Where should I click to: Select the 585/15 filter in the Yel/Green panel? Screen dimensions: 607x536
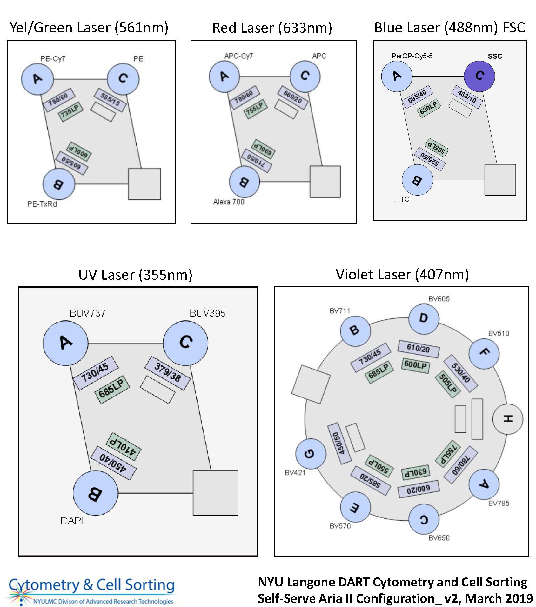click(110, 100)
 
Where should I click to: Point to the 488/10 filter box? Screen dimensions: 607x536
click(467, 97)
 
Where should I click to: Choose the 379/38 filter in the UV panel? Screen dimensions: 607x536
click(167, 373)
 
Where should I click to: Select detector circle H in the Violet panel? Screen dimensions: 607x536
click(507, 419)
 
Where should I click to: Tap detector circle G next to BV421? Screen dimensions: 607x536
click(310, 454)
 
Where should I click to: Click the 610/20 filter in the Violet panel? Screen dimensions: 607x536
click(419, 349)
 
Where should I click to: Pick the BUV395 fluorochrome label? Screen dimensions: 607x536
click(207, 313)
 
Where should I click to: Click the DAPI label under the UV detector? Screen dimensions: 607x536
click(72, 521)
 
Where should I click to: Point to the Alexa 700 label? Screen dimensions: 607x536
click(229, 202)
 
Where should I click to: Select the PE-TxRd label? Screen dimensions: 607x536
click(42, 204)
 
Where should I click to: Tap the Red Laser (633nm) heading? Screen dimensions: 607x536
click(272, 28)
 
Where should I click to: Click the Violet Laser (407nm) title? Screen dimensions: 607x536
click(402, 275)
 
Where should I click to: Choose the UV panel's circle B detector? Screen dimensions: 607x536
click(95, 493)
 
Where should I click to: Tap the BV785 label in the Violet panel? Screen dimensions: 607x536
click(499, 503)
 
